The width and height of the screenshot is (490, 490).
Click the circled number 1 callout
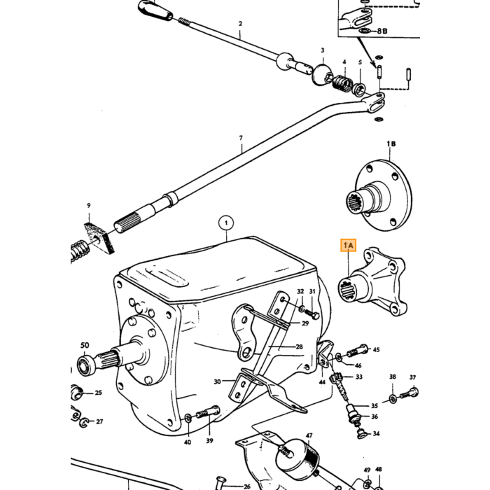click(x=226, y=223)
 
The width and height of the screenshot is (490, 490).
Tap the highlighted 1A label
click(x=348, y=245)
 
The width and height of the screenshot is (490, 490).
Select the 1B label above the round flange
click(x=391, y=143)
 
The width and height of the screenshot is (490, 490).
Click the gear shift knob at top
click(x=155, y=10)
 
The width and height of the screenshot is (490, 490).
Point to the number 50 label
click(x=85, y=345)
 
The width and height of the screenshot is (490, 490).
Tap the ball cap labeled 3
click(x=322, y=74)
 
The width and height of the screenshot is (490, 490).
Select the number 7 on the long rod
click(x=241, y=137)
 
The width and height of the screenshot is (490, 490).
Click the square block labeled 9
click(x=99, y=238)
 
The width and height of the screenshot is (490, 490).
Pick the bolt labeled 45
click(x=358, y=351)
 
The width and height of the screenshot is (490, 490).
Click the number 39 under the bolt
click(x=209, y=440)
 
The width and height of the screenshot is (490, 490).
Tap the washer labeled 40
click(x=188, y=417)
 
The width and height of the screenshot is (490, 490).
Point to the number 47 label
click(x=309, y=435)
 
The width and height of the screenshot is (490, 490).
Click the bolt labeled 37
click(x=409, y=393)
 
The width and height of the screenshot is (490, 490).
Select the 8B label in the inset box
click(x=382, y=31)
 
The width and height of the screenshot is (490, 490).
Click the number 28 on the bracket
click(x=300, y=346)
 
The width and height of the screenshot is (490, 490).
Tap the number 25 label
click(x=99, y=393)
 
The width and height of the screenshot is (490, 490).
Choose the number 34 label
click(x=377, y=433)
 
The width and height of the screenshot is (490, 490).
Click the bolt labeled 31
click(x=311, y=314)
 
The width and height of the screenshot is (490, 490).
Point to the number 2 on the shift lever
click(x=240, y=23)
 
